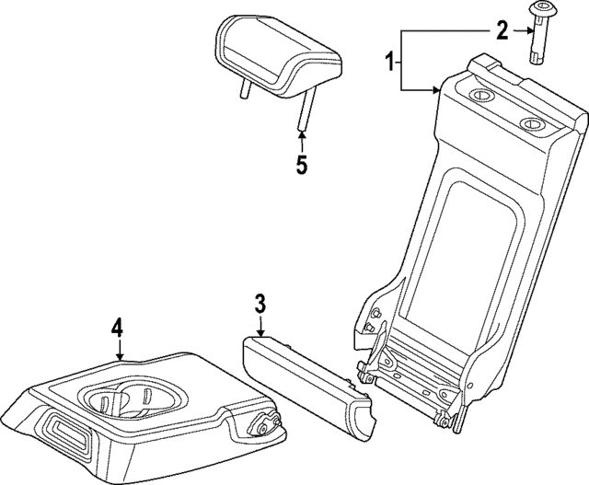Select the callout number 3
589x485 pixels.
coord(260,303)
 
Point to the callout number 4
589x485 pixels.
coord(118,327)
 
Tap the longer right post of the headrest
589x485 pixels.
coord(302,111)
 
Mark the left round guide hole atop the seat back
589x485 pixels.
coord(479,98)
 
